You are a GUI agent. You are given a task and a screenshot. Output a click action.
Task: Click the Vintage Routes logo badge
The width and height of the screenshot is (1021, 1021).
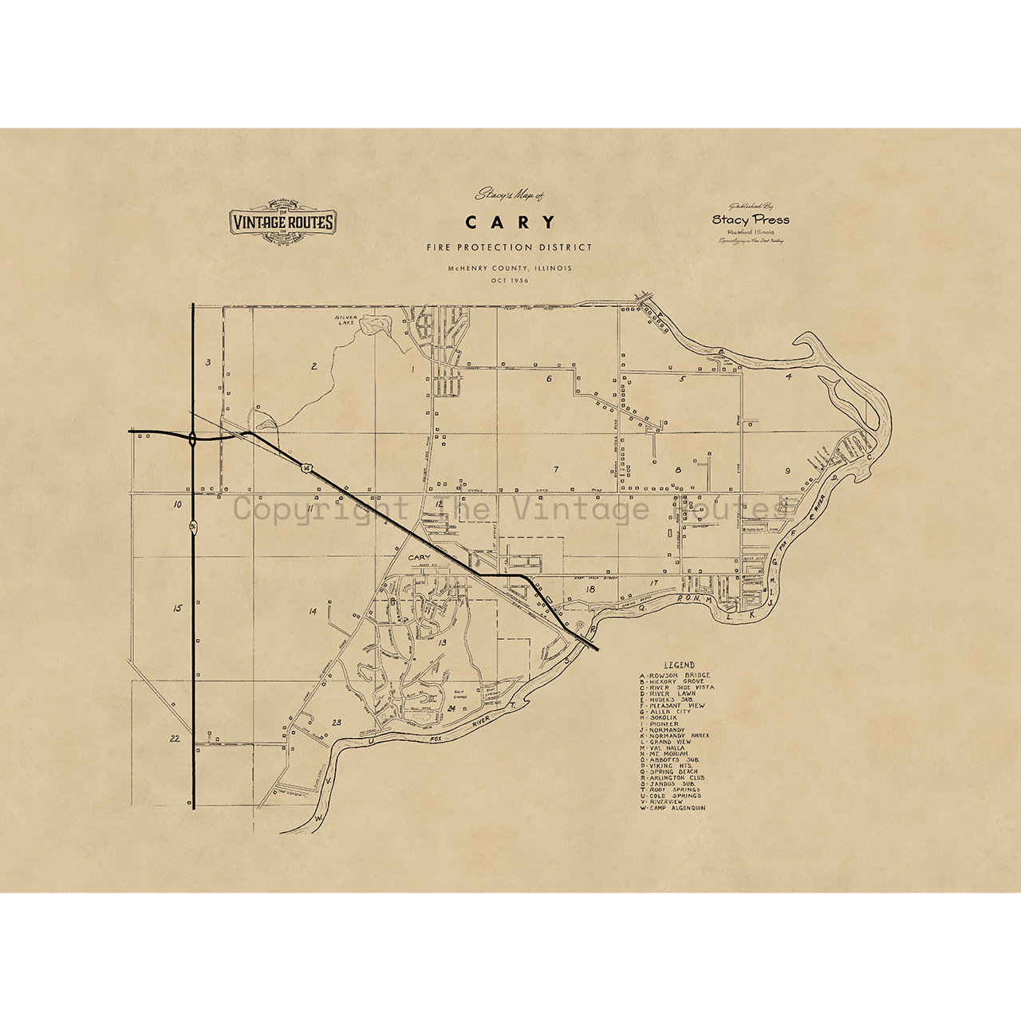[282, 222]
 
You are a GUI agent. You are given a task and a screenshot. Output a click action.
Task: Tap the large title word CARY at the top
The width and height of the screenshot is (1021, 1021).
[510, 222]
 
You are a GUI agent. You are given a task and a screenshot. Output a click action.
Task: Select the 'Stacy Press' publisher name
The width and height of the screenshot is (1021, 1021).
[751, 219]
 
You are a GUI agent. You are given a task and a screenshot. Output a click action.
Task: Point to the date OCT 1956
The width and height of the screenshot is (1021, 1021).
[510, 281]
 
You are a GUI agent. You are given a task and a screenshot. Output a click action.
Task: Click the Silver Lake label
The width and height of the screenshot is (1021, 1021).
[347, 320]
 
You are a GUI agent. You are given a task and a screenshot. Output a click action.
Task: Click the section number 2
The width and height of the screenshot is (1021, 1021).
[313, 367]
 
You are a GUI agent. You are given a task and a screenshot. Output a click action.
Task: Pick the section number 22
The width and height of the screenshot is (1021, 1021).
[175, 739]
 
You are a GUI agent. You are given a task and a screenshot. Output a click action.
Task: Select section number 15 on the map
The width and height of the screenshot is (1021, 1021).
[177, 609]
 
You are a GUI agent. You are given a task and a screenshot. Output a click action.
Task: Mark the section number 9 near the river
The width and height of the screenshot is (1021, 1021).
[787, 471]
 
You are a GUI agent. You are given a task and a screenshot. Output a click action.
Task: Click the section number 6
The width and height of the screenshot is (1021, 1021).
[549, 379]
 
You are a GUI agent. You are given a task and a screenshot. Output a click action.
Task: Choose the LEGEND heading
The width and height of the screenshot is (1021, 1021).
[679, 665]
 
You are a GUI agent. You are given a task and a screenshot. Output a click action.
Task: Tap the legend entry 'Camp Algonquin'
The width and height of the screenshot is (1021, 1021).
[672, 808]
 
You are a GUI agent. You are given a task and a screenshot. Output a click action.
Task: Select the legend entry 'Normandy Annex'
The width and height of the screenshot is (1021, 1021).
[675, 735]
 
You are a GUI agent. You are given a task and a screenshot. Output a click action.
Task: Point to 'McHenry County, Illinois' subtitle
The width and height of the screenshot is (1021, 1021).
[510, 268]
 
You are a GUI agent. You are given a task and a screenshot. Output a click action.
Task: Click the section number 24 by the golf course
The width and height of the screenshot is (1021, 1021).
[451, 708]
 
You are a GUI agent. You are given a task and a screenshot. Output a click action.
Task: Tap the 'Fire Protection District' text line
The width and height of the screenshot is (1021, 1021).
[510, 247]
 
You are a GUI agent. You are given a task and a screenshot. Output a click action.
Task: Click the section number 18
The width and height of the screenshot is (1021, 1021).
[590, 589]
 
